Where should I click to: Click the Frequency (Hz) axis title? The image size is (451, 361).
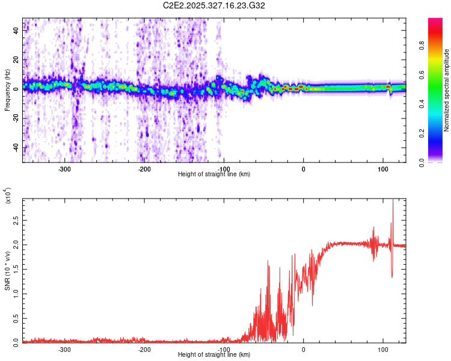coord(7,90)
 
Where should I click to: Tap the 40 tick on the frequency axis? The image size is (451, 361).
coord(16,31)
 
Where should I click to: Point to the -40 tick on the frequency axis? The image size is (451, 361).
coord(16,148)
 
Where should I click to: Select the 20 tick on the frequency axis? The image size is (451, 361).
coord(16,60)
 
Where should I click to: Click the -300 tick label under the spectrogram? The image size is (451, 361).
coord(65,168)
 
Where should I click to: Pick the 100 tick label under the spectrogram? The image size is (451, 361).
coord(383,168)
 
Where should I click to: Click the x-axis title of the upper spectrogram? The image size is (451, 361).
coord(214,174)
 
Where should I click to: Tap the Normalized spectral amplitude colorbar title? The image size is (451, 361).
coord(447,90)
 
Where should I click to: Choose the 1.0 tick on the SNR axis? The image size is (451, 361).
coord(16,293)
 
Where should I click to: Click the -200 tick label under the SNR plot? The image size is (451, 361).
coord(144,349)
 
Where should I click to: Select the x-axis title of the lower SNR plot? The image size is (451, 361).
coord(214,355)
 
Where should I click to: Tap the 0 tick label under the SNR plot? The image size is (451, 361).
coord(303,349)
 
